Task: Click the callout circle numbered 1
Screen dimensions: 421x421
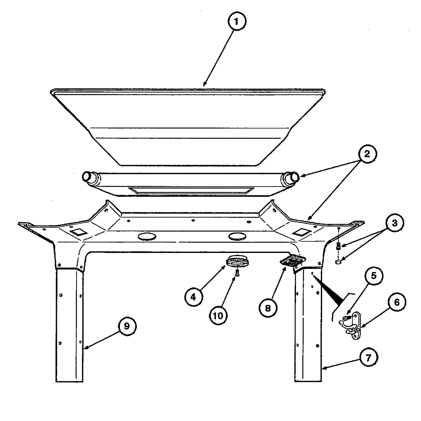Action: [x=238, y=23]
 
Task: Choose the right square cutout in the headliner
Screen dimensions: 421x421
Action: [x=301, y=231]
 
